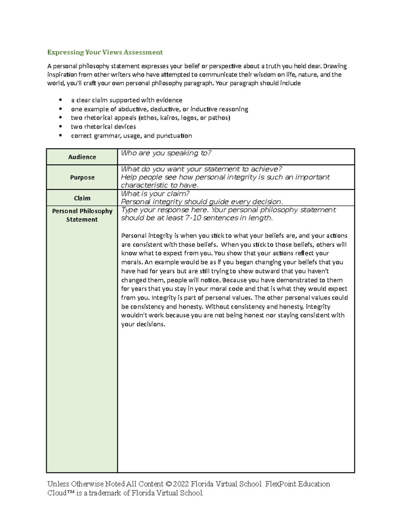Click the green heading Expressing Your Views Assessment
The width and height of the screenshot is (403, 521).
click(105, 52)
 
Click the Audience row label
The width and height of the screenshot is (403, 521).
click(82, 157)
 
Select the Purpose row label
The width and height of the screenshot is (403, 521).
click(82, 177)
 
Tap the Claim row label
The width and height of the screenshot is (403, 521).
click(82, 198)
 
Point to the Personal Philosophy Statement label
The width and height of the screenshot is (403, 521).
click(82, 215)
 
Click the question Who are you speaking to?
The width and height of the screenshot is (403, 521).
click(166, 153)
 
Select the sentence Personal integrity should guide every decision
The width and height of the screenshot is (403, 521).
click(202, 202)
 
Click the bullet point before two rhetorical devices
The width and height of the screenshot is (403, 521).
click(60, 127)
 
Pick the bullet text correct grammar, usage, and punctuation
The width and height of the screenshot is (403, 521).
click(131, 136)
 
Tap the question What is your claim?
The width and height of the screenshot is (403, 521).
click(155, 194)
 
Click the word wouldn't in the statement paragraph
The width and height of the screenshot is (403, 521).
click(134, 315)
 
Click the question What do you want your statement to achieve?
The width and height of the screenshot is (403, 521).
click(201, 169)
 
